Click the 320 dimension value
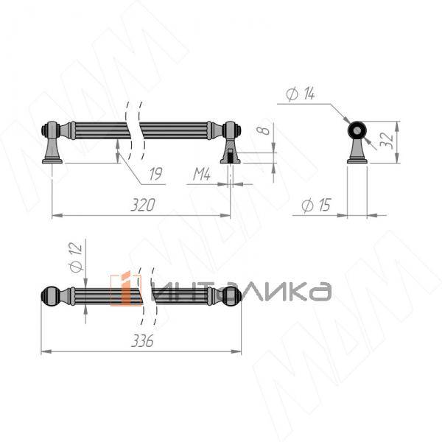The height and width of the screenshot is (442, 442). click(x=143, y=205)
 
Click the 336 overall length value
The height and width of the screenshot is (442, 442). click(x=142, y=341)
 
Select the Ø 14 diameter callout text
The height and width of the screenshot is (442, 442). click(x=301, y=94)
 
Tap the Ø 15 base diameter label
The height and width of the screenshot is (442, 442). click(x=316, y=205)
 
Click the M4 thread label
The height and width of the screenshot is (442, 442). click(x=202, y=175)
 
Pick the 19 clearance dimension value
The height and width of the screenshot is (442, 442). click(x=156, y=174)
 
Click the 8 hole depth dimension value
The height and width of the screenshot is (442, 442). click(x=263, y=130)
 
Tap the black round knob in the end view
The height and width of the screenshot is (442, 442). click(x=357, y=130)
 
